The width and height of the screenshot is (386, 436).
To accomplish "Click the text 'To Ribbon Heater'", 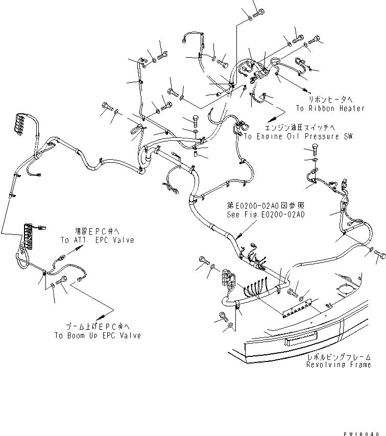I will click(x=330, y=108).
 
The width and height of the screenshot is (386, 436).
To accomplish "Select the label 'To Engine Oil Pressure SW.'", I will click(x=299, y=137).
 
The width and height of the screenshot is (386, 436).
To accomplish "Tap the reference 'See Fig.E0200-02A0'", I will click(x=266, y=215).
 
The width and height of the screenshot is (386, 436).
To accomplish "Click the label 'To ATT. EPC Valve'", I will click(x=97, y=240).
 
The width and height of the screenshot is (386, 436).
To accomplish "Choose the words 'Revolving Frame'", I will click(x=339, y=365).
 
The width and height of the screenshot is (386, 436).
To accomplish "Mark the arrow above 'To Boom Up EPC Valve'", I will click(x=108, y=312).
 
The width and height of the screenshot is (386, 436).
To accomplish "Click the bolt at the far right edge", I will click(x=380, y=253).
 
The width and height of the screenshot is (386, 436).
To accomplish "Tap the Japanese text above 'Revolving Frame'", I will click(x=339, y=357).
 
